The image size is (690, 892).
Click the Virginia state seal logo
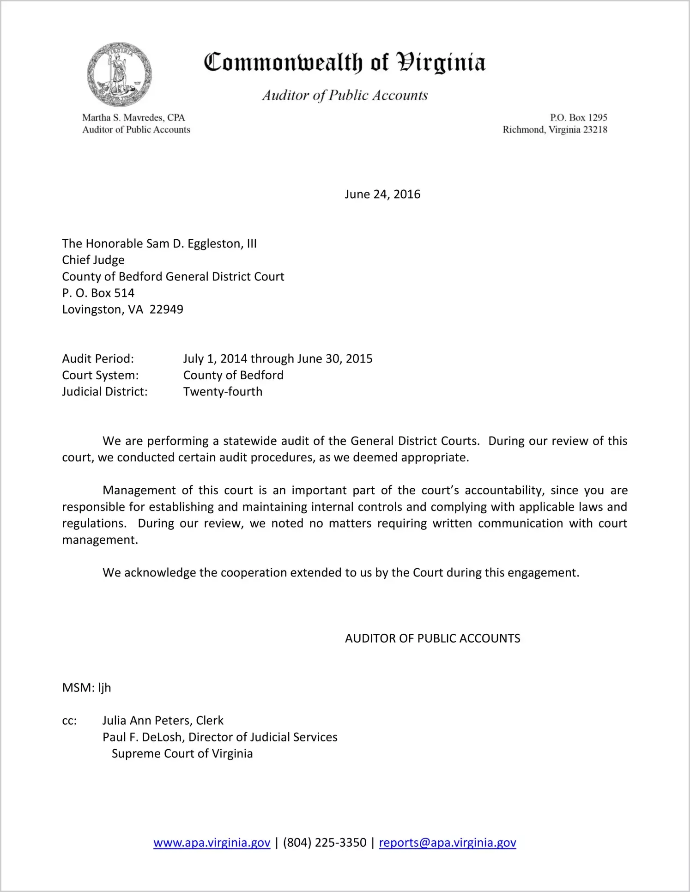(119, 75)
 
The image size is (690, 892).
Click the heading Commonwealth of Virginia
(345, 62)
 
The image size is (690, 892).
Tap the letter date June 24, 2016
(382, 194)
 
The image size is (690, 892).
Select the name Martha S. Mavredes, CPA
(133, 118)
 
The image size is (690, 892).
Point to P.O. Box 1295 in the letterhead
(578, 118)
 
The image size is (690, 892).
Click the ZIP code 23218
(595, 130)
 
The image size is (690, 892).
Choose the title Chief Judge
(93, 260)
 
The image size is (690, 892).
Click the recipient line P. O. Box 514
(98, 293)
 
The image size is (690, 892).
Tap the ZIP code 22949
(166, 309)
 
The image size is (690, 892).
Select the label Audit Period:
(98, 359)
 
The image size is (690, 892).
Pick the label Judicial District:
(105, 392)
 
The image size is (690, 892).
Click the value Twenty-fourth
(223, 392)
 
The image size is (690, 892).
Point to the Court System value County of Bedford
(233, 375)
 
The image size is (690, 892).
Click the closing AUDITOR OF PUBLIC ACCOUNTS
(432, 638)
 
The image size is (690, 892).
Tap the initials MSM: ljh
(86, 688)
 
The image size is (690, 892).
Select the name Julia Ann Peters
(146, 721)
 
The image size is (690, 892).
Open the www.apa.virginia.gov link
(212, 843)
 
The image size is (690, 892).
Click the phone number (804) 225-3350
(325, 843)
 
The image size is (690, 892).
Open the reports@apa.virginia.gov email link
(447, 843)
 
